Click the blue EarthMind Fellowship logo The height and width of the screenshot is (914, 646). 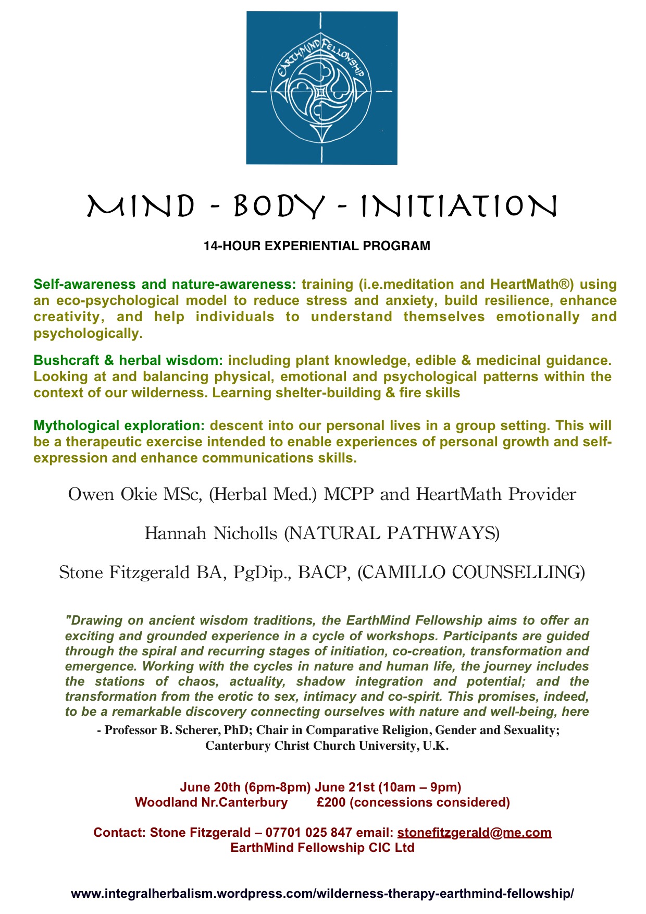click(321, 88)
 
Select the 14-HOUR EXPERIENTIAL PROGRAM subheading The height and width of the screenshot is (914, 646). click(317, 246)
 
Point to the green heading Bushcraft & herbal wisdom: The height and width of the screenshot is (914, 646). click(128, 361)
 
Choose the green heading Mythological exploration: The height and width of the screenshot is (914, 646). click(119, 426)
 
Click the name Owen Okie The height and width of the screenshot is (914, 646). click(113, 494)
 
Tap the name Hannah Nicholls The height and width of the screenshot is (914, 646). click(211, 533)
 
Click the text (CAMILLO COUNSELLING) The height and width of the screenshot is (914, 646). click(471, 572)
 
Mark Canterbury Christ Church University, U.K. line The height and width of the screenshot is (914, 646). click(327, 746)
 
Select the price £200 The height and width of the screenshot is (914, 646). click(331, 802)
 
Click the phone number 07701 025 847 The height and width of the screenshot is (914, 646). click(308, 833)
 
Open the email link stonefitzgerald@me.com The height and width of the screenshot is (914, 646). click(474, 833)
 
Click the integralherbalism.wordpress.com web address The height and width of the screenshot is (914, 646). click(322, 894)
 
